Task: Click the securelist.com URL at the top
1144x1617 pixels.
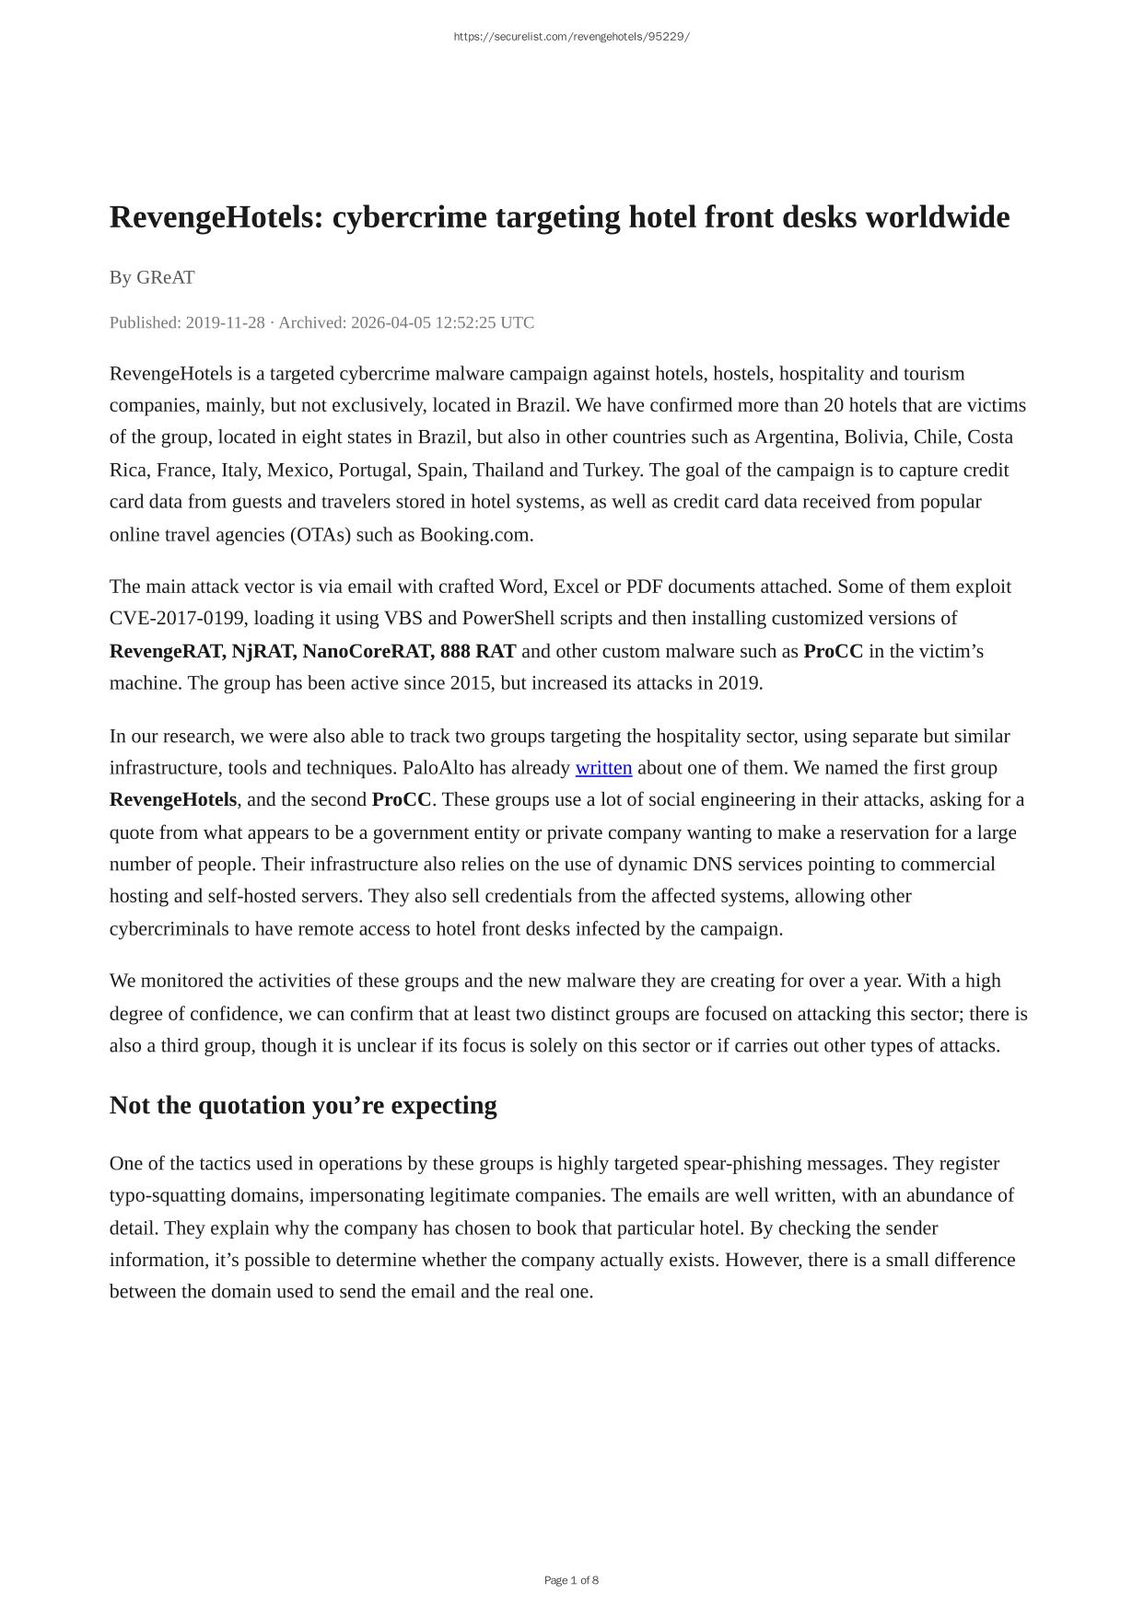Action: pos(571,37)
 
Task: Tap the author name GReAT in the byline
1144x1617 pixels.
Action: pos(166,277)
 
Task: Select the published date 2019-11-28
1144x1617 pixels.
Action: pos(225,322)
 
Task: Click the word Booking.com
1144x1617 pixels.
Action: pos(475,534)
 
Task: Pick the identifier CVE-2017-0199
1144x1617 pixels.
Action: pos(177,618)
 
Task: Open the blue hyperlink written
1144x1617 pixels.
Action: pos(603,768)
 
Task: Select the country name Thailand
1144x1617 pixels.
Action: pos(508,470)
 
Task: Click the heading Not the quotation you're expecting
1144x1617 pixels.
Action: pos(303,1105)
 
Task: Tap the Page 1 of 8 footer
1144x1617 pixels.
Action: pos(571,1580)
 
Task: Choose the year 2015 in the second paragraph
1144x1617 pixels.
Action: pos(471,682)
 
